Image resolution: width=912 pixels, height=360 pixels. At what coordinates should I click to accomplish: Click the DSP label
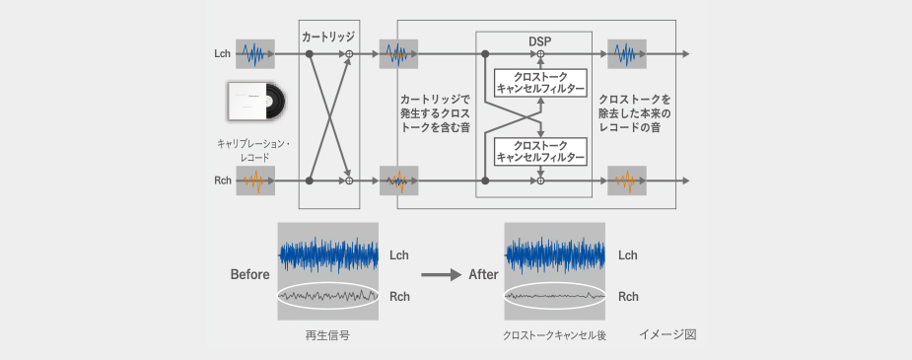[x=541, y=40]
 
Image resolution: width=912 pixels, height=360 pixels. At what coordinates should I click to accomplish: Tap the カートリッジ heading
[x=328, y=36]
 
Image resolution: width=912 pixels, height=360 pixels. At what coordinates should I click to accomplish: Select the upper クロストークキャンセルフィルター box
[x=541, y=83]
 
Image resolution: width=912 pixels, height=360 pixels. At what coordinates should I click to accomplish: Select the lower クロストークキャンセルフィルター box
[x=541, y=151]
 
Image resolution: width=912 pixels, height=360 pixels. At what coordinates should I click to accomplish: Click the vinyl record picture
[x=256, y=102]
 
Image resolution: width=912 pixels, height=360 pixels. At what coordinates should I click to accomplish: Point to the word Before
[x=250, y=274]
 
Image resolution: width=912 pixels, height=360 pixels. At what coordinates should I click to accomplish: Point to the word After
[x=483, y=274]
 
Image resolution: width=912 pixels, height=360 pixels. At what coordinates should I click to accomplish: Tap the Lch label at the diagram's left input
[x=222, y=54]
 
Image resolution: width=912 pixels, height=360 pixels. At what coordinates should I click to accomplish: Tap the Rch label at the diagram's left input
[x=222, y=180]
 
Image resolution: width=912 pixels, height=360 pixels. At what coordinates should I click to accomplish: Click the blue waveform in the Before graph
[x=328, y=254]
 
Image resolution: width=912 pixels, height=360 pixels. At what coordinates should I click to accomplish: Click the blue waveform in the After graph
[x=555, y=254]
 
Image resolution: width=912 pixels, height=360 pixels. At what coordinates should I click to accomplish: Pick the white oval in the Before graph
[x=328, y=283]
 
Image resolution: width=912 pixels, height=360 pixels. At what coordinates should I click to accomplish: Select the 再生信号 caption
[x=328, y=335]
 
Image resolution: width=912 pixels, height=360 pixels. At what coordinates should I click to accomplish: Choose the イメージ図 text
[x=667, y=334]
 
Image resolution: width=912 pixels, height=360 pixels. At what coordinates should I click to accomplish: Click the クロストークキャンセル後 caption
[x=555, y=336]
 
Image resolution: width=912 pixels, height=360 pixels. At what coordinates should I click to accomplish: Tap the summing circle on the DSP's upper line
[x=540, y=54]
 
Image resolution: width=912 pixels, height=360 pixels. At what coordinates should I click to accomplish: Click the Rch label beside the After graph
[x=628, y=297]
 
